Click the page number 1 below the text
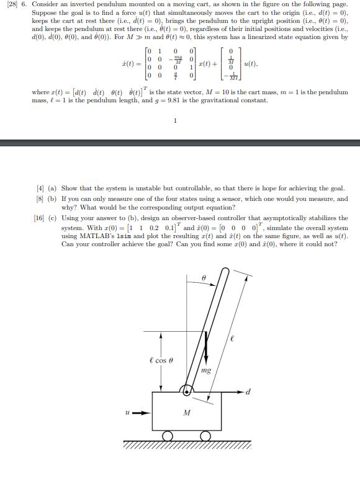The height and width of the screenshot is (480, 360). click(176, 122)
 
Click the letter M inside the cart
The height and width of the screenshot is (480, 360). click(186, 414)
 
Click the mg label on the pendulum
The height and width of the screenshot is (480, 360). click(206, 370)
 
